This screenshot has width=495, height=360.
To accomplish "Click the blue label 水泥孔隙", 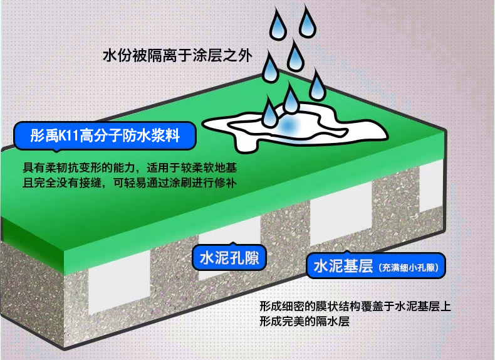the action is (x=229, y=258).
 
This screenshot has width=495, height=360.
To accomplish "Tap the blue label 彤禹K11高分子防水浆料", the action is (x=105, y=136).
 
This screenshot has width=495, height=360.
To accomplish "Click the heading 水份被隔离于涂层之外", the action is (x=177, y=56).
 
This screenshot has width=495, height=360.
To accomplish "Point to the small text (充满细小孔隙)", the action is (x=409, y=268).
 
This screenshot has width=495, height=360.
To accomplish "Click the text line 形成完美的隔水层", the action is (x=305, y=321).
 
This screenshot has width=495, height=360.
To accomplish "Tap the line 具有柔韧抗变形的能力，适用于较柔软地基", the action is (x=130, y=167).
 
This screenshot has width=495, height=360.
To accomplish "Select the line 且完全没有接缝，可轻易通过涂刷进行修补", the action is (x=130, y=183).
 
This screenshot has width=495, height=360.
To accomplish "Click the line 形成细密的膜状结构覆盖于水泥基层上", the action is (x=355, y=306).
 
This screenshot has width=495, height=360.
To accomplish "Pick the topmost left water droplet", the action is (x=278, y=24).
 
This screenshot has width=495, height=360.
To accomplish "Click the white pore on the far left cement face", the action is (x=119, y=282).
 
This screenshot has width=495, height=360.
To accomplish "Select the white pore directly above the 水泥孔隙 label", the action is (x=229, y=235).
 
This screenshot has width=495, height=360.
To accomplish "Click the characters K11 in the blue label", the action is (x=69, y=136).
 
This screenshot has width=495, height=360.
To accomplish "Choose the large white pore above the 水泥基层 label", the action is (x=341, y=215).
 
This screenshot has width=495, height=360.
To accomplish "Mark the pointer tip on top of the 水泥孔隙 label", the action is (x=232, y=243).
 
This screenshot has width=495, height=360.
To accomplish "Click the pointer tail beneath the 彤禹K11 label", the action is (x=56, y=151).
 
